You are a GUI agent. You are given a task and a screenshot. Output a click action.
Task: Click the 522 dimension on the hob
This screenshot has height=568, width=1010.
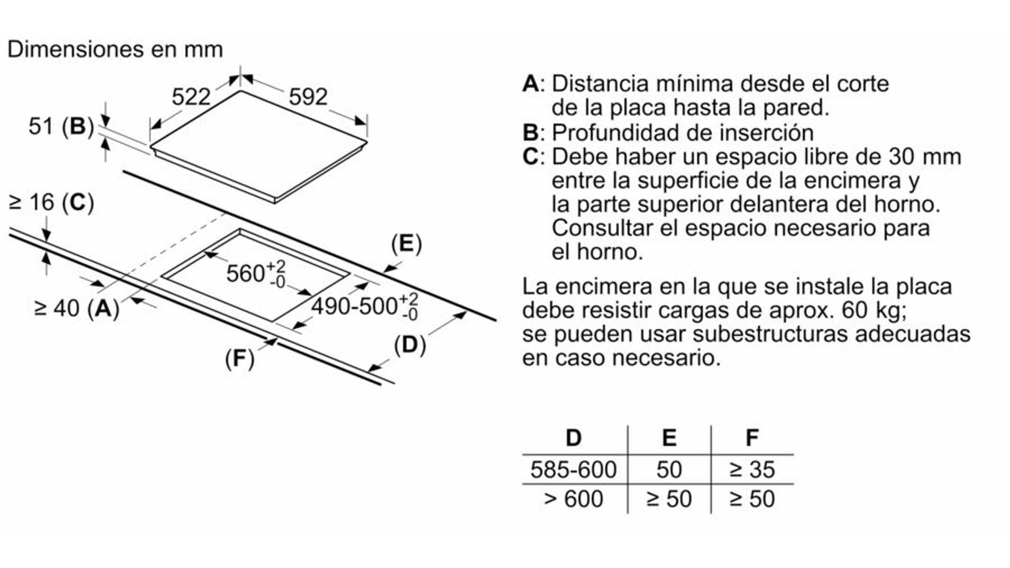191,97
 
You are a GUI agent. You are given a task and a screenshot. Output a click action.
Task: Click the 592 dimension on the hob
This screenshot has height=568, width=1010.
308,97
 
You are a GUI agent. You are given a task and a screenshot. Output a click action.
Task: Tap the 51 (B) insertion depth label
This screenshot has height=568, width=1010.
62,126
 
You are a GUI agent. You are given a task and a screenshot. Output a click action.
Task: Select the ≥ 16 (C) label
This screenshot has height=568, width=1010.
52,202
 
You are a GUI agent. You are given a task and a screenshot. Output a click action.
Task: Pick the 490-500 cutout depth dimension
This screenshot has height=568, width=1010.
365,306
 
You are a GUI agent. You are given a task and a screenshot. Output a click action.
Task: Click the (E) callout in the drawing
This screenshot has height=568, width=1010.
406,244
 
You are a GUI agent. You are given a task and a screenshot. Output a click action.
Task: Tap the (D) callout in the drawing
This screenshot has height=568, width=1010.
410,345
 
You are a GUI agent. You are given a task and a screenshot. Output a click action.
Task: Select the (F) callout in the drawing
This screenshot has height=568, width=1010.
239,358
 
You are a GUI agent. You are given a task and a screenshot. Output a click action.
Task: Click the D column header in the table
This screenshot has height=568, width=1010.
574,438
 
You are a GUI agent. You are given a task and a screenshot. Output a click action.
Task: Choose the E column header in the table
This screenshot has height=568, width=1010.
669,438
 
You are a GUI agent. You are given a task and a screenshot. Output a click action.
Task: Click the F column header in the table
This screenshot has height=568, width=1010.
752,438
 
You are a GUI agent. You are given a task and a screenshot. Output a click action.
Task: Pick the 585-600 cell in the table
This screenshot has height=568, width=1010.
573,470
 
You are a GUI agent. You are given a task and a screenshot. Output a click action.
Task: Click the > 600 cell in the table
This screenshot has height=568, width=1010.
573,499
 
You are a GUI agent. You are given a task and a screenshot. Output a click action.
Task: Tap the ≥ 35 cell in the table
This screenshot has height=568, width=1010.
752,470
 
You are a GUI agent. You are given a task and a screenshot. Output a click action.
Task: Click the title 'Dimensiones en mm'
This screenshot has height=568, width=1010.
115,49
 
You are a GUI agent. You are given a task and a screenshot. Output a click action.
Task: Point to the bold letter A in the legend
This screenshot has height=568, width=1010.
531,84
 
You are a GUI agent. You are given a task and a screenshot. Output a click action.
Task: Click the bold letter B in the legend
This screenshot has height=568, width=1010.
530,133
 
